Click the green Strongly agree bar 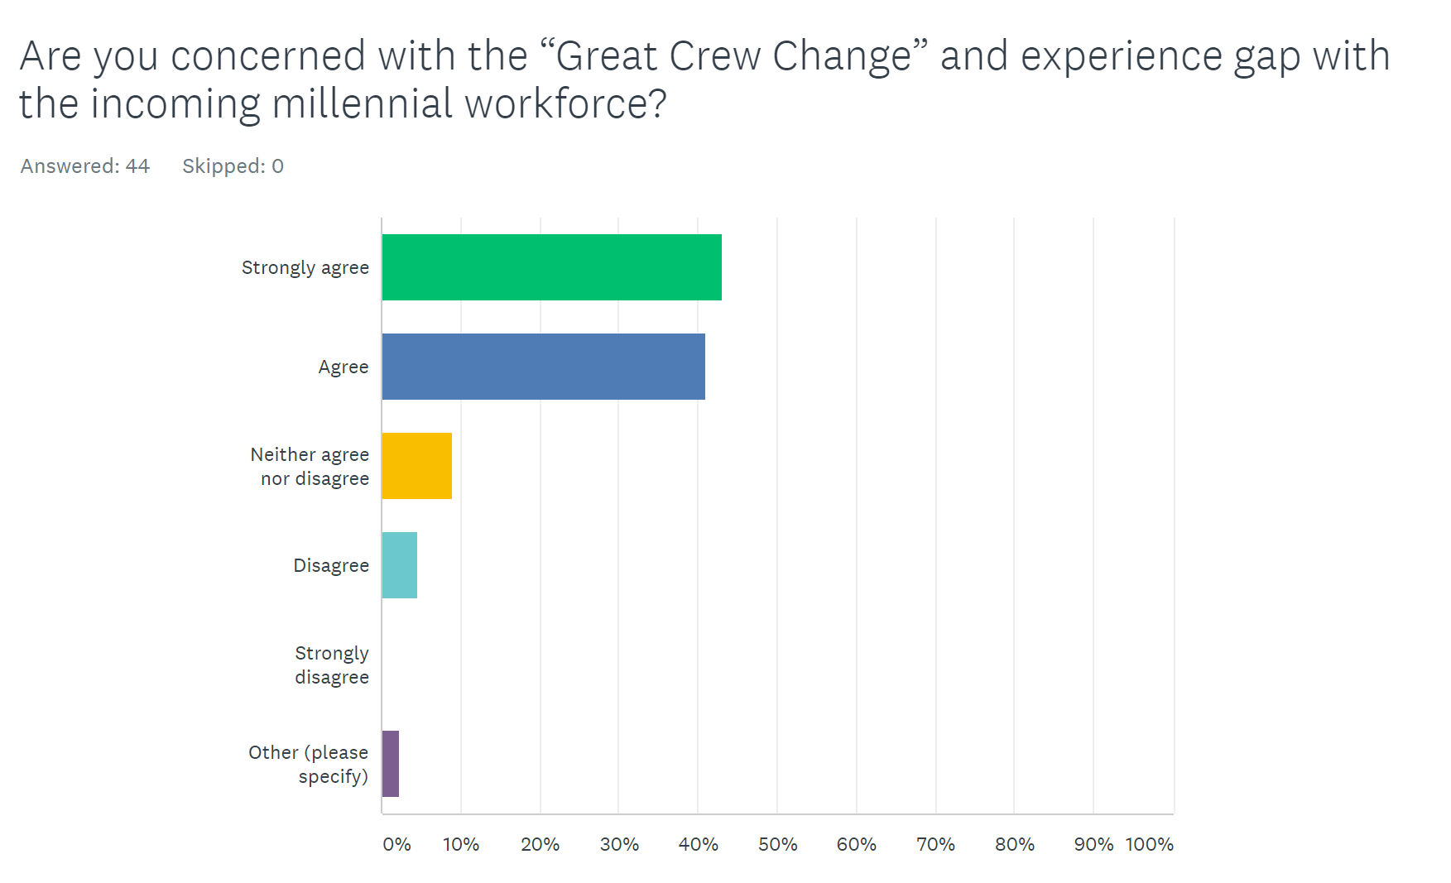[551, 267]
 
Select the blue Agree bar [543, 367]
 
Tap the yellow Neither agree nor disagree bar [416, 466]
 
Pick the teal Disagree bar [399, 565]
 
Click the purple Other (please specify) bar [390, 764]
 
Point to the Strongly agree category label [305, 268]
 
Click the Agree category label [343, 367]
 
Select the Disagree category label [330, 566]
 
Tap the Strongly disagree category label [331, 665]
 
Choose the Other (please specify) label [308, 765]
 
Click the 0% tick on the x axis [396, 845]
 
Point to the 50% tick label [777, 845]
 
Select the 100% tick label [1149, 845]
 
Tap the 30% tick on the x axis [618, 845]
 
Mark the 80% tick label [1014, 845]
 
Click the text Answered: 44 [84, 166]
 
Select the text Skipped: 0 [233, 166]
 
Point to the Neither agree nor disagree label [310, 467]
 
